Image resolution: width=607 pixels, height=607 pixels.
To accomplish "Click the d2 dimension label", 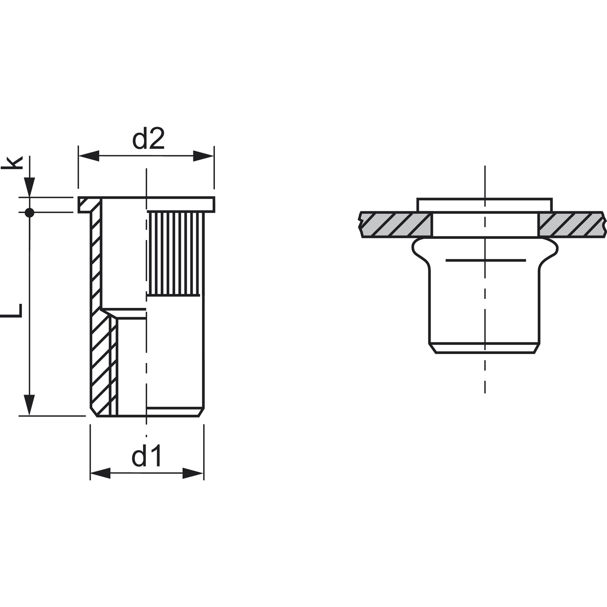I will pos(148,139).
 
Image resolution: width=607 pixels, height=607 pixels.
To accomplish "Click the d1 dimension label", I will pos(146,456).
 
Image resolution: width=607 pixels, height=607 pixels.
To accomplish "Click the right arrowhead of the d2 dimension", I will pos(203,156).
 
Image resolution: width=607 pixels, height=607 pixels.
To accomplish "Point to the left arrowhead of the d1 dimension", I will pos(100,473).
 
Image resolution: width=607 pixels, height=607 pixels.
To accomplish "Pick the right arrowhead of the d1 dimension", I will pos(193,473).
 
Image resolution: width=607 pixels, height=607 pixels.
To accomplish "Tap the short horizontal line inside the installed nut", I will pos(485,260).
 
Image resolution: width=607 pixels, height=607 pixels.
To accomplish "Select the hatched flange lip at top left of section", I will pos(88,204).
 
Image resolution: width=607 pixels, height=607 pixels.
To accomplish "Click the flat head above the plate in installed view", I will pos(484,205).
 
